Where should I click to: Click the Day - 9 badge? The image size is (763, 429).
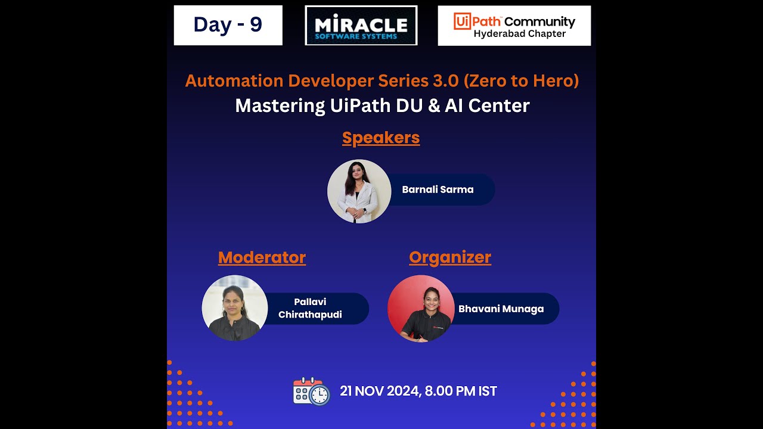tap(228, 25)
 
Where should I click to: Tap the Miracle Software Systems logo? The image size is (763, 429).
tap(361, 26)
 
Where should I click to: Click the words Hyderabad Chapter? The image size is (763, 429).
tap(519, 34)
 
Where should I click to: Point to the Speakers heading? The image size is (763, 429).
tap(381, 138)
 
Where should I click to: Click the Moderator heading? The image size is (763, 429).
tap(262, 257)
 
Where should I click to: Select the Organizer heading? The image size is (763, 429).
tap(450, 257)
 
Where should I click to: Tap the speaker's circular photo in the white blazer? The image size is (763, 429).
tap(359, 191)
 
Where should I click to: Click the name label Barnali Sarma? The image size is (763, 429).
tap(438, 189)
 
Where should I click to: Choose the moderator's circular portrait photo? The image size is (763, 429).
tap(234, 308)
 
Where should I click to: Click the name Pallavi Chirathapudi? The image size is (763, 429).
tap(310, 308)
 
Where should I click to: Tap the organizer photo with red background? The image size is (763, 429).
tap(421, 309)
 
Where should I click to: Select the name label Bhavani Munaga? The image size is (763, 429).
tap(501, 309)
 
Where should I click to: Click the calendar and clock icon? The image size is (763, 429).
tap(311, 391)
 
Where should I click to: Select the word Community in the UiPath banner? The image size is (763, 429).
tap(539, 22)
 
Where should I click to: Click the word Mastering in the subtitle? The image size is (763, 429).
tap(280, 106)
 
